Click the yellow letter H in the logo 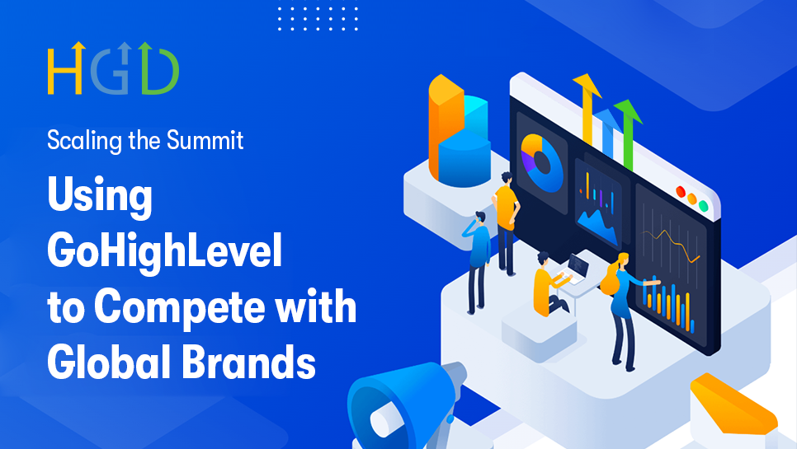[x=64, y=69]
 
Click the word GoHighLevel [x=164, y=251]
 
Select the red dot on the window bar [x=681, y=192]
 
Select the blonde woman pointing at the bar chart [x=620, y=305]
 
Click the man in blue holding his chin [x=479, y=255]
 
